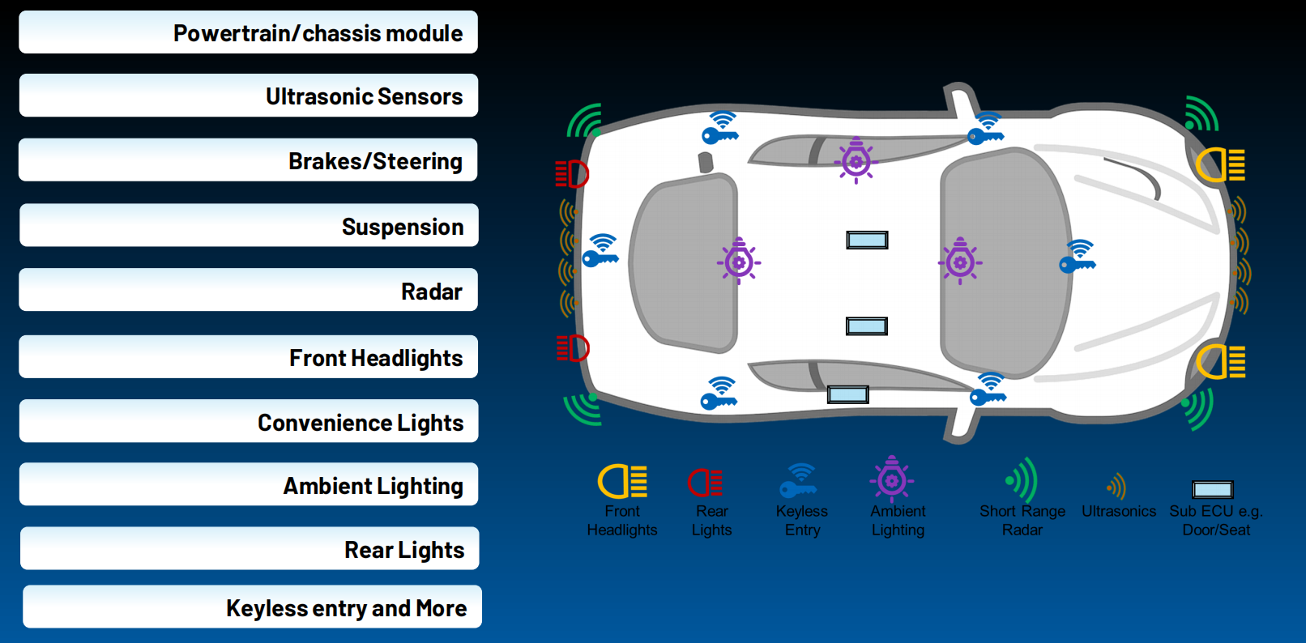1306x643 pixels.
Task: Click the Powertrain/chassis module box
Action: tap(249, 32)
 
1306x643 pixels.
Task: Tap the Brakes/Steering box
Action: tap(248, 160)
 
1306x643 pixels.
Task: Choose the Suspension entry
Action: tap(249, 225)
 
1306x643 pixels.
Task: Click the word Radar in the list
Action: tap(432, 292)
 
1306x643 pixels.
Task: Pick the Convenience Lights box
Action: tap(249, 421)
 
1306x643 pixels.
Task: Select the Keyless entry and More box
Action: tap(253, 607)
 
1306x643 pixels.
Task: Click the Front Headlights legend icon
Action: tap(623, 482)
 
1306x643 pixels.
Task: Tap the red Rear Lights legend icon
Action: tap(704, 483)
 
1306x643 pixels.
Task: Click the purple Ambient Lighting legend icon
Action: tap(891, 479)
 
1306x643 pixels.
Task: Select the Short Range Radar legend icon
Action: tap(1022, 479)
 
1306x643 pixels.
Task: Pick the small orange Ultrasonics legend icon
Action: tap(1116, 486)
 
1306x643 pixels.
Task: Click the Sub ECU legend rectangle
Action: tap(1213, 490)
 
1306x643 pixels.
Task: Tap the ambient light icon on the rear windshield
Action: tap(739, 261)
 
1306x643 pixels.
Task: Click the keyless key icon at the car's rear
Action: tap(600, 251)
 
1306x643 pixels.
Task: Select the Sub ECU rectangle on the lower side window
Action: tap(847, 394)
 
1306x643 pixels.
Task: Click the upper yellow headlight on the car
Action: tap(1219, 165)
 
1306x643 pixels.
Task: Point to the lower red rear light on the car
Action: tap(573, 348)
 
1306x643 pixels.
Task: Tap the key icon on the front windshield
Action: tap(1078, 257)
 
